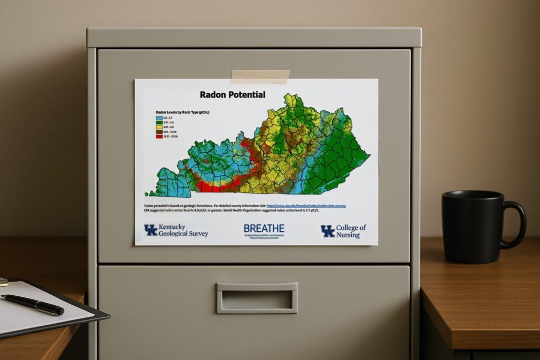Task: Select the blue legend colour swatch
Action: (x=158, y=118)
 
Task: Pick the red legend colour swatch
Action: (x=158, y=136)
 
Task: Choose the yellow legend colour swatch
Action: (x=158, y=127)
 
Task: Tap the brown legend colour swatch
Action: (x=158, y=131)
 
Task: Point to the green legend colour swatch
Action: (x=158, y=122)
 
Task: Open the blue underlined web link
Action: (x=306, y=205)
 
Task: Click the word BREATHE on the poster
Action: (x=264, y=228)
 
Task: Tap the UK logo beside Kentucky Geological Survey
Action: (x=151, y=230)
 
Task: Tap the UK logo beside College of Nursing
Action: (x=327, y=231)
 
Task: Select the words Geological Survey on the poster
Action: (x=184, y=233)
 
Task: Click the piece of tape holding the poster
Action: (x=259, y=77)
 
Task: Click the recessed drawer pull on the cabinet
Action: (x=257, y=298)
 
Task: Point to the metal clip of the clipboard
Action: (x=4, y=282)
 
